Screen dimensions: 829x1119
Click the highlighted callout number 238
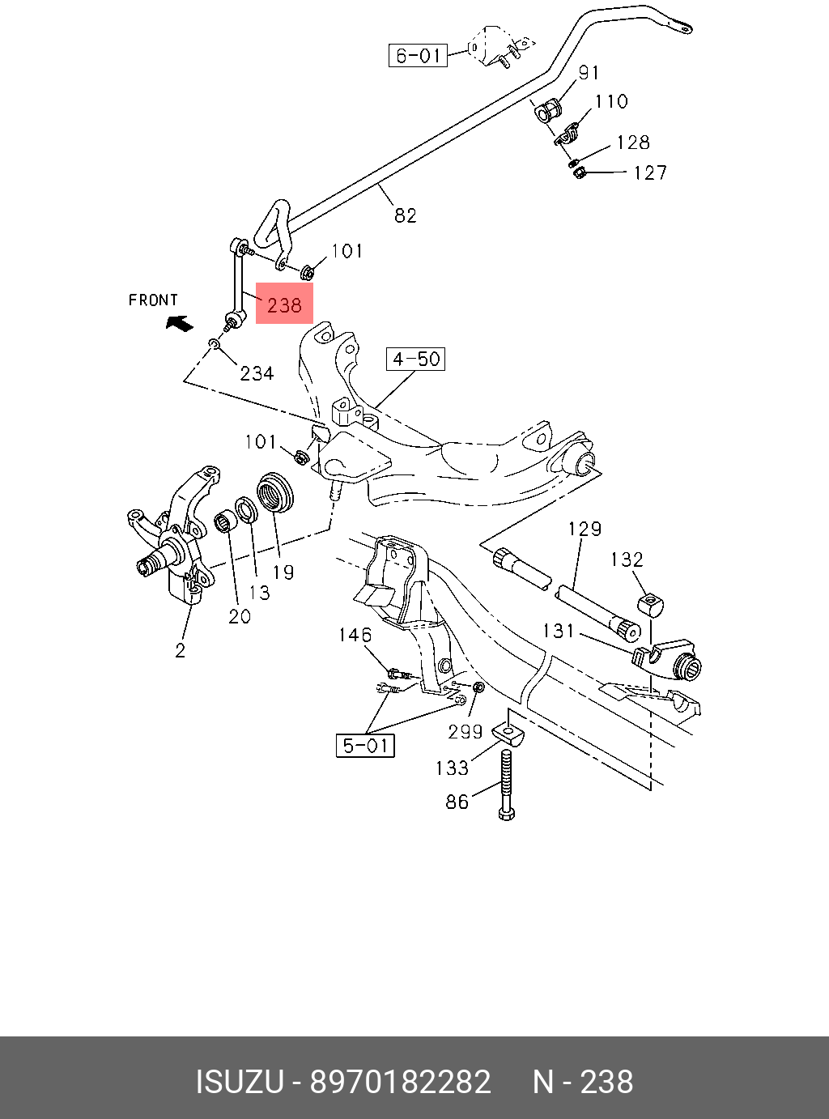point(284,305)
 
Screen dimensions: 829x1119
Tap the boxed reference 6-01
point(418,55)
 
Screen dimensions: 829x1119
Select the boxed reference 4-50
point(416,360)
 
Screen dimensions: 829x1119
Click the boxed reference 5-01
point(365,746)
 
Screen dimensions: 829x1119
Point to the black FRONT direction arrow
point(180,323)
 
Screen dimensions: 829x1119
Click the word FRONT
point(153,300)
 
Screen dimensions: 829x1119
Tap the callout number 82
point(405,216)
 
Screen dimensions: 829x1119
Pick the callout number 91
point(589,73)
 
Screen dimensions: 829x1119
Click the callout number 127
point(650,173)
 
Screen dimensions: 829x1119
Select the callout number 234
point(257,374)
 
